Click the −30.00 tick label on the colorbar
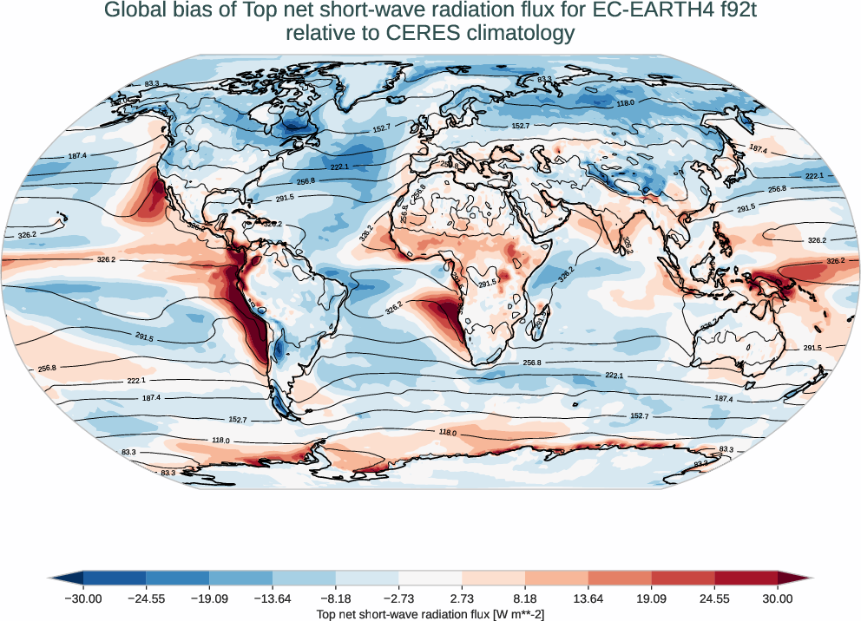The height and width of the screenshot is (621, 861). click(x=83, y=598)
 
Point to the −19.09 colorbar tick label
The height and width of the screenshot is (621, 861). click(x=209, y=598)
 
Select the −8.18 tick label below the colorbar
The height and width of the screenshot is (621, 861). click(x=335, y=598)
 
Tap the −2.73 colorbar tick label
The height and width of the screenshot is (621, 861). click(x=398, y=598)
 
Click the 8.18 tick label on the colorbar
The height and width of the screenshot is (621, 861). click(x=525, y=598)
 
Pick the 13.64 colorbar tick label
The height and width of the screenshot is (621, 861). click(x=588, y=598)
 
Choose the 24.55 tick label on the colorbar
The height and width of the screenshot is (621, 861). click(x=714, y=598)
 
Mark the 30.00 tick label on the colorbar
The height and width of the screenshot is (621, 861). click(x=778, y=598)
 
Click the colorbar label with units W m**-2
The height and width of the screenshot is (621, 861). click(x=430, y=614)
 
